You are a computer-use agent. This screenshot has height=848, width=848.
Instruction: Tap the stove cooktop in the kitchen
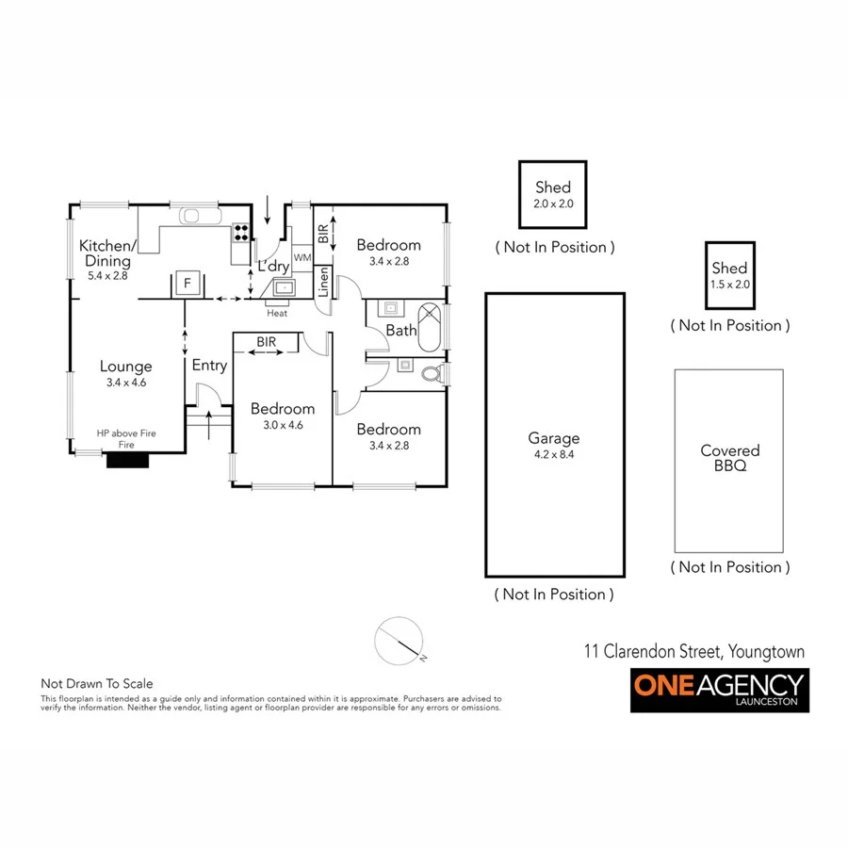240,231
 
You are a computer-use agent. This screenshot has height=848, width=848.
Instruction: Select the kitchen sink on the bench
191,216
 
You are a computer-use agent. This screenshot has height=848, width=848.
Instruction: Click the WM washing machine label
302,257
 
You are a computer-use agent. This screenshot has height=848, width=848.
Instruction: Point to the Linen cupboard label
323,283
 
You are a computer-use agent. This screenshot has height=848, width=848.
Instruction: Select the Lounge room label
126,367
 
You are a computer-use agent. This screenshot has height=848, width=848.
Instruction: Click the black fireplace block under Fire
126,461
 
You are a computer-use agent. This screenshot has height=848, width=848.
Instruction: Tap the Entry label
209,366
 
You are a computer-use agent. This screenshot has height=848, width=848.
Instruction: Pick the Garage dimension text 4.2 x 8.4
554,454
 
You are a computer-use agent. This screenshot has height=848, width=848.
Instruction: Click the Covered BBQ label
729,458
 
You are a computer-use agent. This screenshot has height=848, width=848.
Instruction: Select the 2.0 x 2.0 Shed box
553,194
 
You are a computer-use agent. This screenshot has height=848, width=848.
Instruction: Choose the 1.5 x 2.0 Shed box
729,275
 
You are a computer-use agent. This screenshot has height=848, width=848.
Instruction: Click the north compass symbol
397,641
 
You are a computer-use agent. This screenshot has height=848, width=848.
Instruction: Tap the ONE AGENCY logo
720,690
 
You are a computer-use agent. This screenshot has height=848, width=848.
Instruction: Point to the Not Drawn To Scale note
96,683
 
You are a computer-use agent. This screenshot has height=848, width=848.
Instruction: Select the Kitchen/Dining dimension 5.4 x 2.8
107,276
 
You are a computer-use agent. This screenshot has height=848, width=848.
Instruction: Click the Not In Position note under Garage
554,595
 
